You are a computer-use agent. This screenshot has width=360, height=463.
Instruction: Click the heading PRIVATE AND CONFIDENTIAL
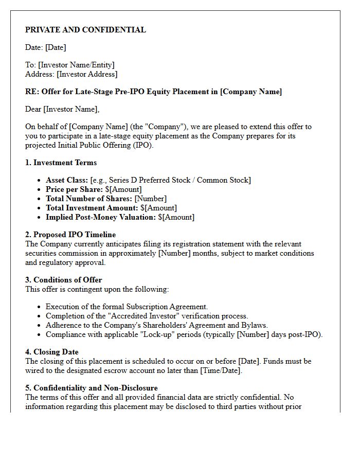(x=85, y=30)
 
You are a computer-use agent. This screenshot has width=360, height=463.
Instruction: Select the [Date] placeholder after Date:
(x=56, y=47)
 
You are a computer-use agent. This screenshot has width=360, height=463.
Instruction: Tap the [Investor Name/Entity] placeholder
(x=76, y=65)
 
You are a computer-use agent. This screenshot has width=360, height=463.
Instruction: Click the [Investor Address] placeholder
(x=87, y=74)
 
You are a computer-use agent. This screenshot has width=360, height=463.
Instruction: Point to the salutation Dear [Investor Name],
(x=62, y=109)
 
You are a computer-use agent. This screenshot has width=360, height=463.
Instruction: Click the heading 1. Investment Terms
(x=61, y=163)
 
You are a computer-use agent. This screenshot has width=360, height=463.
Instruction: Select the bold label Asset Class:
(x=67, y=180)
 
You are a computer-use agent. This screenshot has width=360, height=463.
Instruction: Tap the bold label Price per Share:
(x=74, y=189)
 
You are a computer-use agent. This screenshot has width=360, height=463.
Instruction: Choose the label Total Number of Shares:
(x=89, y=199)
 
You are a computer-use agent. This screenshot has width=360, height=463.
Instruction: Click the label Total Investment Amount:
(x=92, y=208)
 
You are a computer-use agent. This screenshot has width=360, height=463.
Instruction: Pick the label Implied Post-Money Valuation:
(x=100, y=217)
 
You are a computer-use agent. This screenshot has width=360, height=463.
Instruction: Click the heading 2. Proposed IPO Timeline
(x=70, y=235)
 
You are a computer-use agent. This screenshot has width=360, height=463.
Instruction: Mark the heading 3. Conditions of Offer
(x=64, y=280)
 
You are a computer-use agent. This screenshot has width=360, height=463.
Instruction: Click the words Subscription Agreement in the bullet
(x=166, y=307)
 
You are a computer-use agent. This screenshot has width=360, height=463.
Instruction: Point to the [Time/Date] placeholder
(x=221, y=370)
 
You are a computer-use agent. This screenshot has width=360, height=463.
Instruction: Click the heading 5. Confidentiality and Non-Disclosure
(x=92, y=388)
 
